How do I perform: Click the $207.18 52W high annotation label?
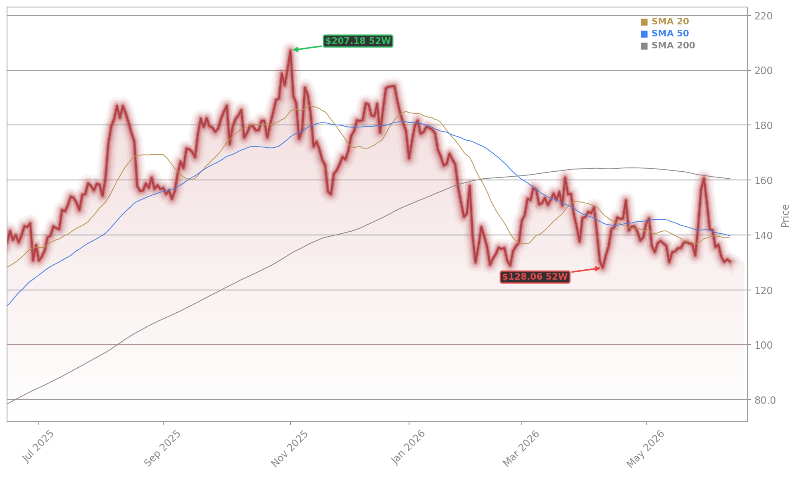tap(358, 41)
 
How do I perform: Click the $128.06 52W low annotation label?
tap(535, 277)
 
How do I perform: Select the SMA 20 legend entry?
tap(665, 22)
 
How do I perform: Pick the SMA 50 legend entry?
tap(665, 34)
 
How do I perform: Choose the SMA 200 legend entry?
tap(668, 46)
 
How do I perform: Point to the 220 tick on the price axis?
tap(764, 16)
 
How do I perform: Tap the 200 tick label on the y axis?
tap(764, 71)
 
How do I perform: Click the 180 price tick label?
tap(764, 125)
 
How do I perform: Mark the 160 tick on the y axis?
tap(764, 180)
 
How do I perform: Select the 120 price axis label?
tap(764, 290)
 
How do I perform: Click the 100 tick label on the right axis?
tap(764, 345)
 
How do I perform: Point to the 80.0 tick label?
tap(765, 400)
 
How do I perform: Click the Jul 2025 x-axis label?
tap(38, 446)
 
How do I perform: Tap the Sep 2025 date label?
tap(162, 448)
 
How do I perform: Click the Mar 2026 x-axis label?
tap(521, 448)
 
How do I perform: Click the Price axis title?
tap(785, 216)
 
